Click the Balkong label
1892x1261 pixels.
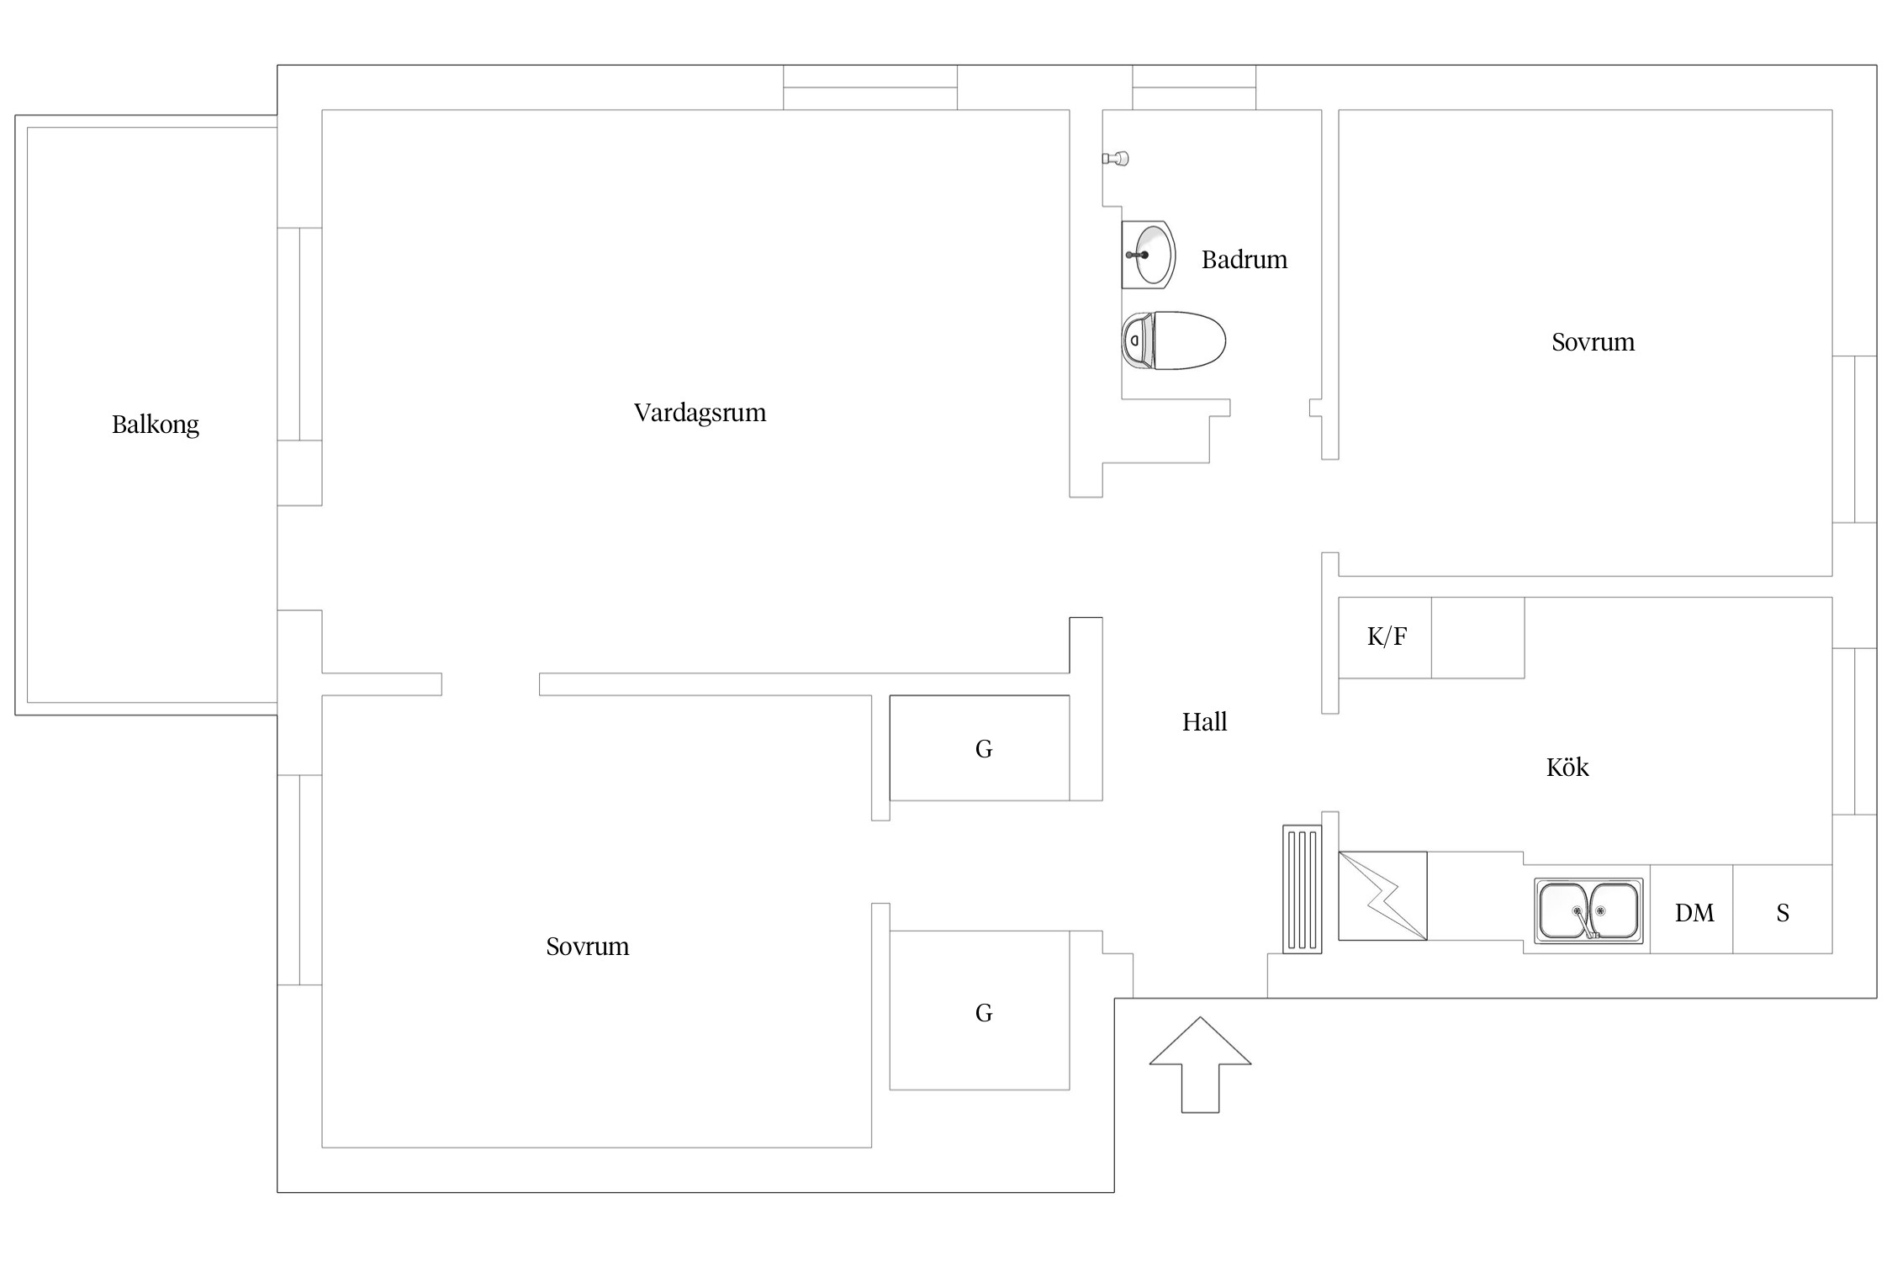pos(156,425)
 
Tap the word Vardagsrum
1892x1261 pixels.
pos(700,413)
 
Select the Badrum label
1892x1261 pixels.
pos(1245,260)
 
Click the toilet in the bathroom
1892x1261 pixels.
pos(1174,340)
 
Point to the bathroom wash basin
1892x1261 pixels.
pos(1148,255)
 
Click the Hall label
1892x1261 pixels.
pos(1205,722)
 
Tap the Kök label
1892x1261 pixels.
pos(1567,767)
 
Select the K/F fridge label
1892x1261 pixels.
pos(1387,636)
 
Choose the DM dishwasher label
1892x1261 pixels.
pos(1694,913)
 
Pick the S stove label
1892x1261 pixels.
pos(1783,913)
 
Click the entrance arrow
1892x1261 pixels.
pos(1200,1064)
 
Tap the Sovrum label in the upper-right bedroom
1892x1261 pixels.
pos(1593,342)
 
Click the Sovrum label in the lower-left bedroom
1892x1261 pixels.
pos(588,947)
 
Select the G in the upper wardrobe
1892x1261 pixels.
pos(984,749)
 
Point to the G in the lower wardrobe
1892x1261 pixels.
pos(984,1013)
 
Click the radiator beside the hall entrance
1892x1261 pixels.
pos(1303,889)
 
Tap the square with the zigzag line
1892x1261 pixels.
pos(1382,896)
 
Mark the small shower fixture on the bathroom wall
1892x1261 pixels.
pos(1116,158)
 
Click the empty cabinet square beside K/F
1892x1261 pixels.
pos(1477,638)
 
